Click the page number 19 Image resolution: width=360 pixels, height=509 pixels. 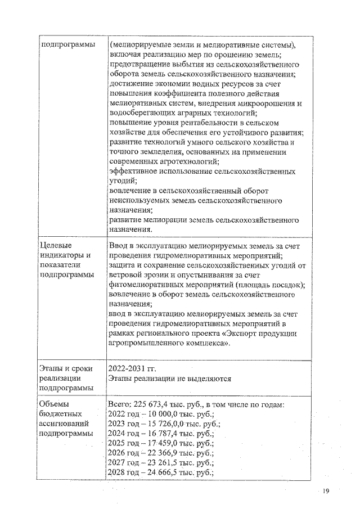(326, 491)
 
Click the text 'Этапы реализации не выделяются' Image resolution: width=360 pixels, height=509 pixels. (170, 379)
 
